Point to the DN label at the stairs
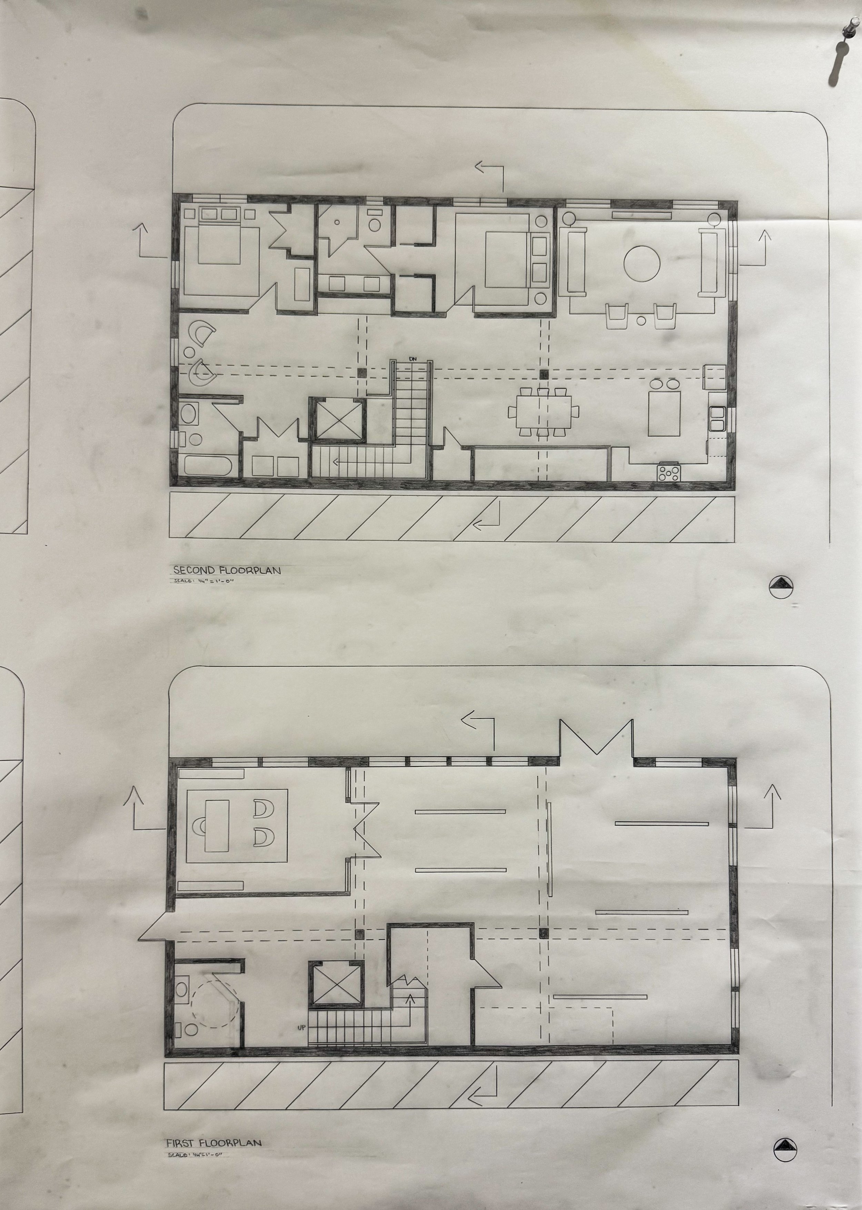413,359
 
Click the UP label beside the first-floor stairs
301,1027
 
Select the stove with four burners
669,472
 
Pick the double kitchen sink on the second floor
716,417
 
